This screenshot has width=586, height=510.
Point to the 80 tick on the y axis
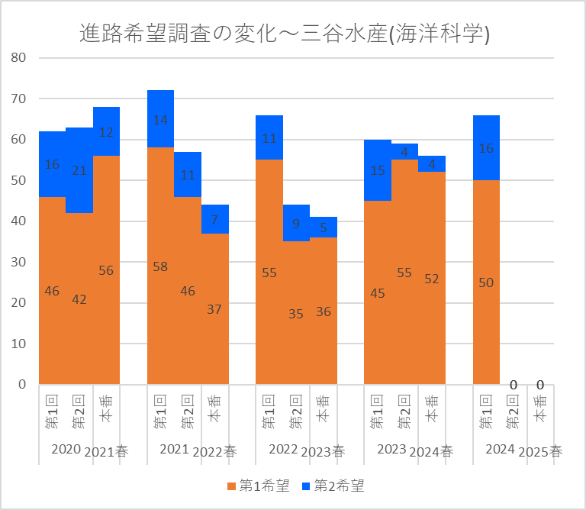click(18, 58)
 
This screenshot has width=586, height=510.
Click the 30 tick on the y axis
click(18, 262)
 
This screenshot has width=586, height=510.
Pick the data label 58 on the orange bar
click(160, 266)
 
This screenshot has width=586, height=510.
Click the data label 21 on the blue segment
click(79, 170)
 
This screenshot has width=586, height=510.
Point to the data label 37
click(215, 309)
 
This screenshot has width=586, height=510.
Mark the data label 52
click(432, 279)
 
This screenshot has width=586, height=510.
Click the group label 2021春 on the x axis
click(106, 451)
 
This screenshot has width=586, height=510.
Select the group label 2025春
click(540, 451)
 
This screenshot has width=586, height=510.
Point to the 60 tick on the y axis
click(18, 140)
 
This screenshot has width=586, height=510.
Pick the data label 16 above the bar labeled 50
click(486, 149)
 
